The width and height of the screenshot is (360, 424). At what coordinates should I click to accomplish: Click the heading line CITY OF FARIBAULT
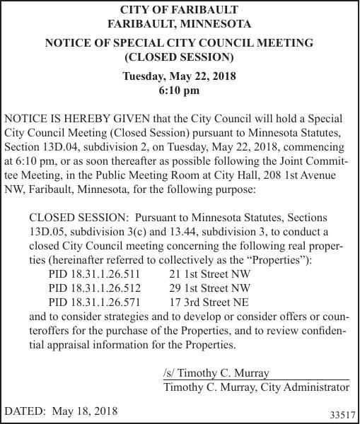(x=180, y=11)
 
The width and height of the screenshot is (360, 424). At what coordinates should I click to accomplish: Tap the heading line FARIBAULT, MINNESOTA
(x=180, y=24)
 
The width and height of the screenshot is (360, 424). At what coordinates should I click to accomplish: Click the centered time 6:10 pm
(x=180, y=90)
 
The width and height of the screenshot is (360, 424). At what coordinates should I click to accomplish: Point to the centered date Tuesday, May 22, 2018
(x=180, y=76)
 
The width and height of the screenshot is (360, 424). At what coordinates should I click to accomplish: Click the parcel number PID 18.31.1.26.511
(x=94, y=273)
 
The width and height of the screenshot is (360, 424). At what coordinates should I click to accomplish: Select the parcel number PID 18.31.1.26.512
(x=94, y=288)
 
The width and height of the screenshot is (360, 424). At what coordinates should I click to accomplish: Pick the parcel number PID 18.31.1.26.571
(x=94, y=302)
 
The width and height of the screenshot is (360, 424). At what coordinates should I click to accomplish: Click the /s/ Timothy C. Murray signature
(x=216, y=372)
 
